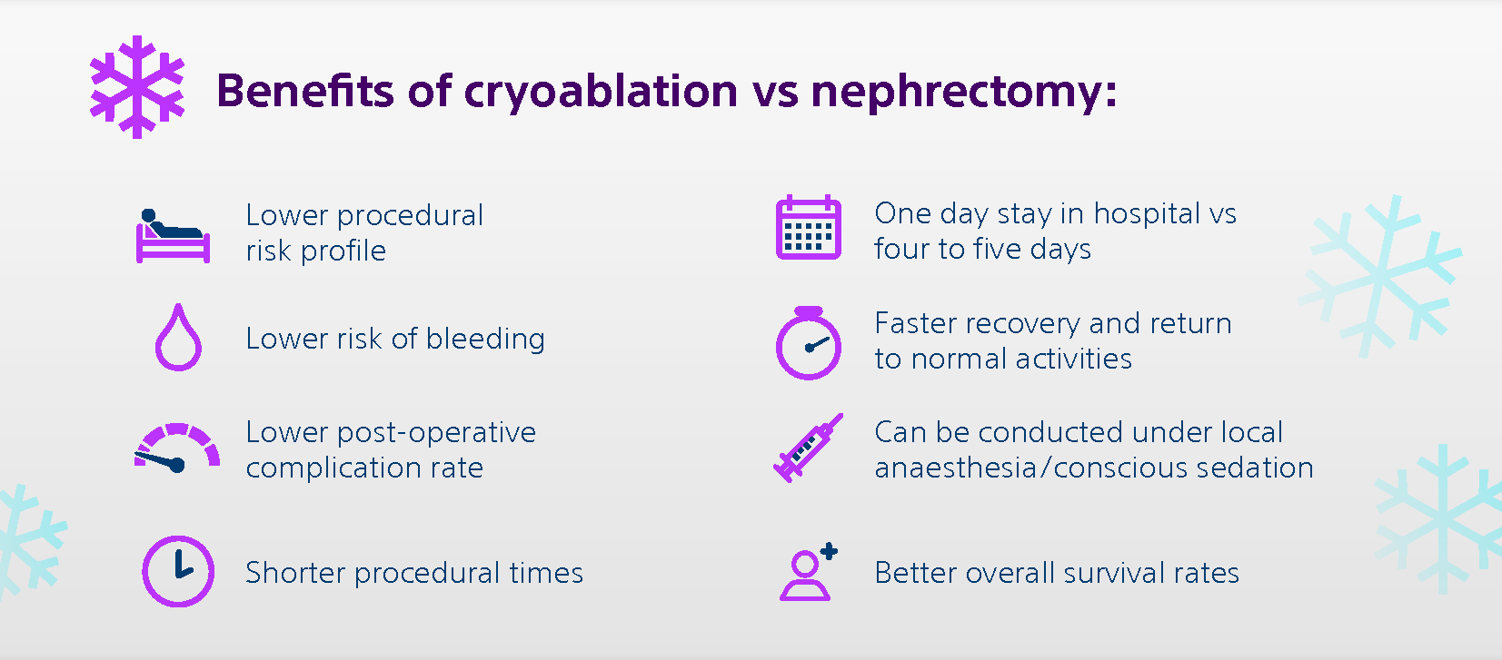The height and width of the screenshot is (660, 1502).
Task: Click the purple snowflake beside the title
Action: click(137, 87)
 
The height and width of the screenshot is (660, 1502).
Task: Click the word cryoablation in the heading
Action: click(601, 92)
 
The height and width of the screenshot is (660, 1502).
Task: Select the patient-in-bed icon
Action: click(173, 235)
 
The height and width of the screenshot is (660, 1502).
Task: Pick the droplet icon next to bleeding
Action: click(178, 338)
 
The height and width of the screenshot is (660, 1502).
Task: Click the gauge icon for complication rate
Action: click(177, 448)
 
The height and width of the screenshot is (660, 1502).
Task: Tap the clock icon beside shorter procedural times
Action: click(178, 571)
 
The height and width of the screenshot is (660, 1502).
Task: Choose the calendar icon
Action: click(808, 229)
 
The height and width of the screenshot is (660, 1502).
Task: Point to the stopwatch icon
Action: click(808, 343)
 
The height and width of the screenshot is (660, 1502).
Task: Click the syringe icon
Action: click(807, 448)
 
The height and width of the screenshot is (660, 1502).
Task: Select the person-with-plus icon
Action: click(807, 574)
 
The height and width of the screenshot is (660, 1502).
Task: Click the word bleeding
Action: click(485, 339)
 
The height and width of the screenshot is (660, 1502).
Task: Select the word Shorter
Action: click(295, 573)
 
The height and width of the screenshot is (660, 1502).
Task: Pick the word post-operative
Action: click(436, 433)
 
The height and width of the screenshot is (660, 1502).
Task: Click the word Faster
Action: click(915, 323)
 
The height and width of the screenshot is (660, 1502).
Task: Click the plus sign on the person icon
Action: click(829, 551)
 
